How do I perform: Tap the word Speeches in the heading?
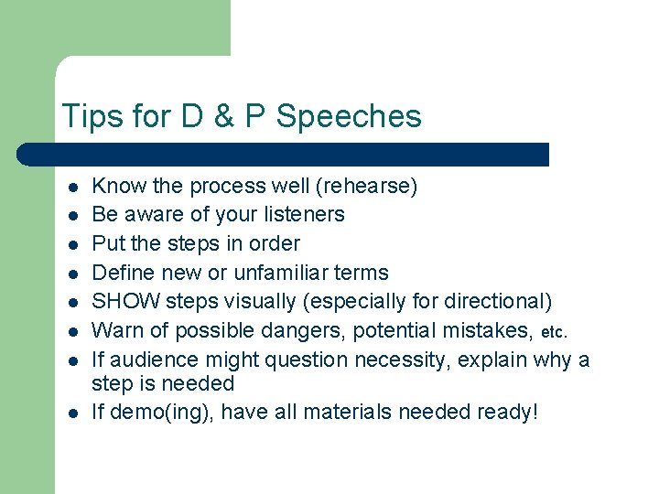(349, 116)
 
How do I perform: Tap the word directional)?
(501, 302)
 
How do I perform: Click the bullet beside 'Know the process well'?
(71, 188)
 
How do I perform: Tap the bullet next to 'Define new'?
(71, 274)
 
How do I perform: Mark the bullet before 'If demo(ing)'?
(71, 413)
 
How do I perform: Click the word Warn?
(116, 331)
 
